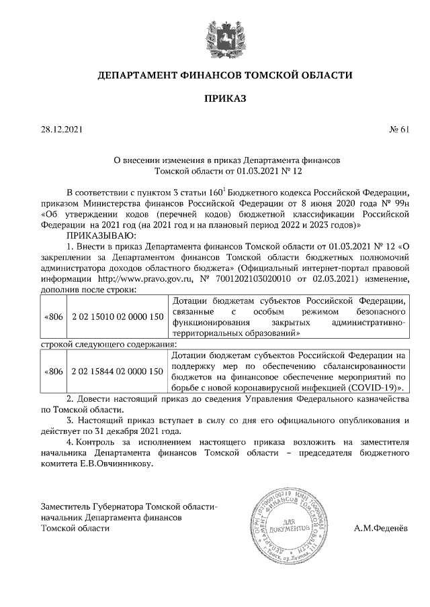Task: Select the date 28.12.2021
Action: (61, 130)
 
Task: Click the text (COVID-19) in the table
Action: (370, 388)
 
